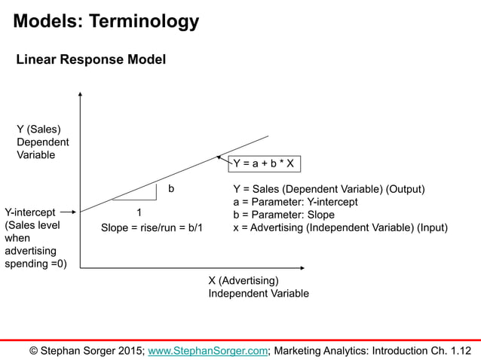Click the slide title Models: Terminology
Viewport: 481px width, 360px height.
click(x=106, y=21)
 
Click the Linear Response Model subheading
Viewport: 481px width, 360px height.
click(x=91, y=59)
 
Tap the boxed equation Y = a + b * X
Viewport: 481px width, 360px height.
click(x=263, y=163)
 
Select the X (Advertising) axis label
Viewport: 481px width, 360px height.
click(x=243, y=281)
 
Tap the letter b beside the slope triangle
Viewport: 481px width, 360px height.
click(x=171, y=188)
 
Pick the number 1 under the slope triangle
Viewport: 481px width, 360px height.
click(x=139, y=212)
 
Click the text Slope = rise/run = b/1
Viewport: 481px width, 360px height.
click(x=152, y=227)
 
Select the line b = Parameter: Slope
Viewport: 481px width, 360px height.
click(x=283, y=215)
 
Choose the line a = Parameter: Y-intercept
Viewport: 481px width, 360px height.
click(x=296, y=202)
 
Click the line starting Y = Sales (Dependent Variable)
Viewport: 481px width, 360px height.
click(x=329, y=189)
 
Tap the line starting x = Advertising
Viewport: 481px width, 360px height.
click(x=340, y=227)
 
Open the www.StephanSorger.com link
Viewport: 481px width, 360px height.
click(x=208, y=350)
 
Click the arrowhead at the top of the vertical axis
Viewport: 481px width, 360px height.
click(x=80, y=96)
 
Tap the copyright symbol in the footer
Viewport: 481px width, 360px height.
click(x=34, y=350)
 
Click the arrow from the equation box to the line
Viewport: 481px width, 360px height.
click(x=223, y=160)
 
